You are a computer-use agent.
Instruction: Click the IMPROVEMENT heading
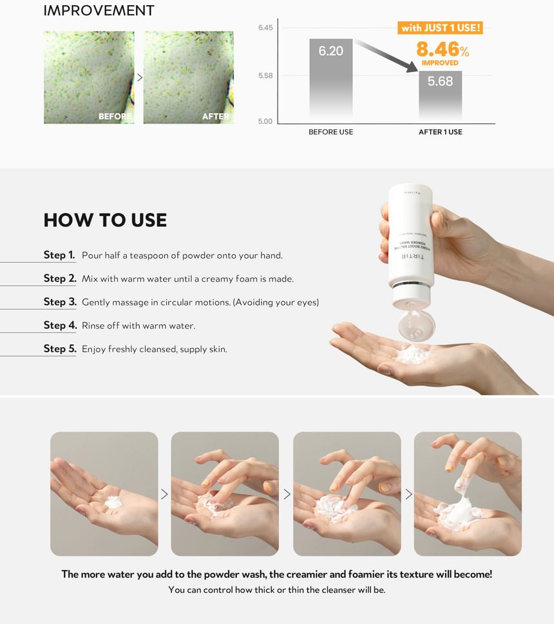click(99, 10)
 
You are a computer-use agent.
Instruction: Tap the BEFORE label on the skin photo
click(115, 116)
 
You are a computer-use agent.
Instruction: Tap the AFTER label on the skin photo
click(216, 116)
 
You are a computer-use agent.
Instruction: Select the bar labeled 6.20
click(331, 78)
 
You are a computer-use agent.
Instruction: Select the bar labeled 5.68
click(441, 95)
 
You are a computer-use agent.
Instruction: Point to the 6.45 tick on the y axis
click(265, 28)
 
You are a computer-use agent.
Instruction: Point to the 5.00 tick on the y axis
click(265, 122)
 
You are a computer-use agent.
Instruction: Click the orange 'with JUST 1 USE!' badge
click(441, 28)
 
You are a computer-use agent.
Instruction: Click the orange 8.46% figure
click(443, 50)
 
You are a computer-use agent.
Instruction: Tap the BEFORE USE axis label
click(331, 132)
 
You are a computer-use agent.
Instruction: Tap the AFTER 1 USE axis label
click(441, 132)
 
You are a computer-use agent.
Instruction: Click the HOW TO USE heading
click(105, 220)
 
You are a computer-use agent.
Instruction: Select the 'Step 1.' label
click(59, 255)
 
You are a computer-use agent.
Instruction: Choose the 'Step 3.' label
click(60, 302)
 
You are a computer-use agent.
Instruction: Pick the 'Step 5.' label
click(60, 349)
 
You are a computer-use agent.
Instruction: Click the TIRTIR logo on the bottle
click(412, 256)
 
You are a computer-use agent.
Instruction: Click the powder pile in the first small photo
click(113, 502)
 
